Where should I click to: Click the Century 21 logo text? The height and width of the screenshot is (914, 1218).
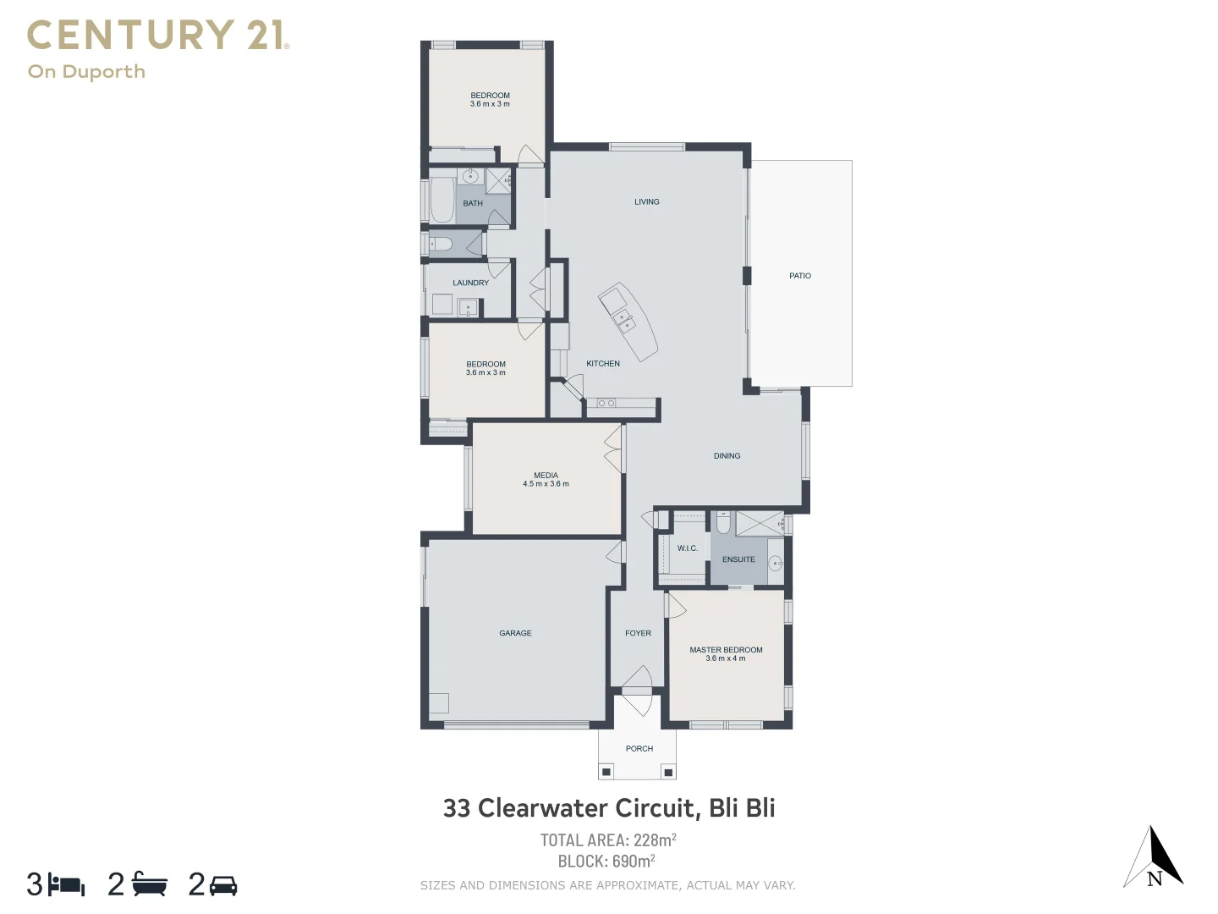(158, 36)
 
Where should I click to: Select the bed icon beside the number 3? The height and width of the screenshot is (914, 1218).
(67, 885)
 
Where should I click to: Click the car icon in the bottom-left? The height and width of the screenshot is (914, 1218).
(223, 885)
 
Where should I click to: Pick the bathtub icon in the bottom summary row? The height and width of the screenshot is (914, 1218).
(150, 884)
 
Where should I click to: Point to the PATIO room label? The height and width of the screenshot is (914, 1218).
(799, 276)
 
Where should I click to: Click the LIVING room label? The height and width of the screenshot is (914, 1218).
(646, 202)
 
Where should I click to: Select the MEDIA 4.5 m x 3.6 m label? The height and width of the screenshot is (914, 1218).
(546, 480)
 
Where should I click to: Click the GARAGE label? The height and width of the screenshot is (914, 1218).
(515, 633)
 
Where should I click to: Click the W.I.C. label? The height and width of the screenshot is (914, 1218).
(687, 548)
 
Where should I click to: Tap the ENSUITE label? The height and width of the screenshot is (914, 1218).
(738, 559)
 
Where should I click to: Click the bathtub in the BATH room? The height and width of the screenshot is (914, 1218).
(442, 201)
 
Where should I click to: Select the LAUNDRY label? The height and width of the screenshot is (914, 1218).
(470, 283)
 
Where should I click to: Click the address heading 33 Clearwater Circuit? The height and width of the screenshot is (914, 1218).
(609, 808)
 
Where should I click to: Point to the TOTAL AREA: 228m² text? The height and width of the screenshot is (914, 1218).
(608, 840)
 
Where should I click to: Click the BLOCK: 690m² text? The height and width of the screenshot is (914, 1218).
(606, 862)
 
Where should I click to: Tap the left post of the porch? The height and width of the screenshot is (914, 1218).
(606, 772)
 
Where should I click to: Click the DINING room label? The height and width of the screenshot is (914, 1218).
(727, 456)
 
